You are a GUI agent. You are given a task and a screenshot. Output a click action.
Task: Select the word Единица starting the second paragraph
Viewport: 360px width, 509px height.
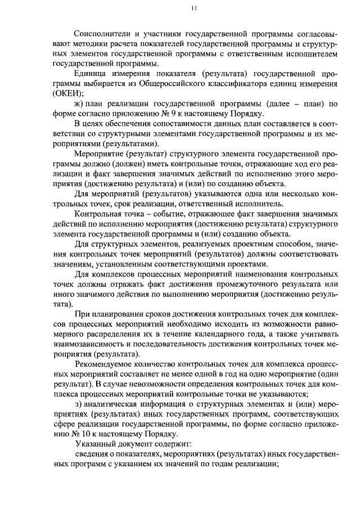pyautogui.click(x=92, y=74)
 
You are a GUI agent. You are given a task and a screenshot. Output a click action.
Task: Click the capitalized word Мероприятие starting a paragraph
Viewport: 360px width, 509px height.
pyautogui.click(x=101, y=154)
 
